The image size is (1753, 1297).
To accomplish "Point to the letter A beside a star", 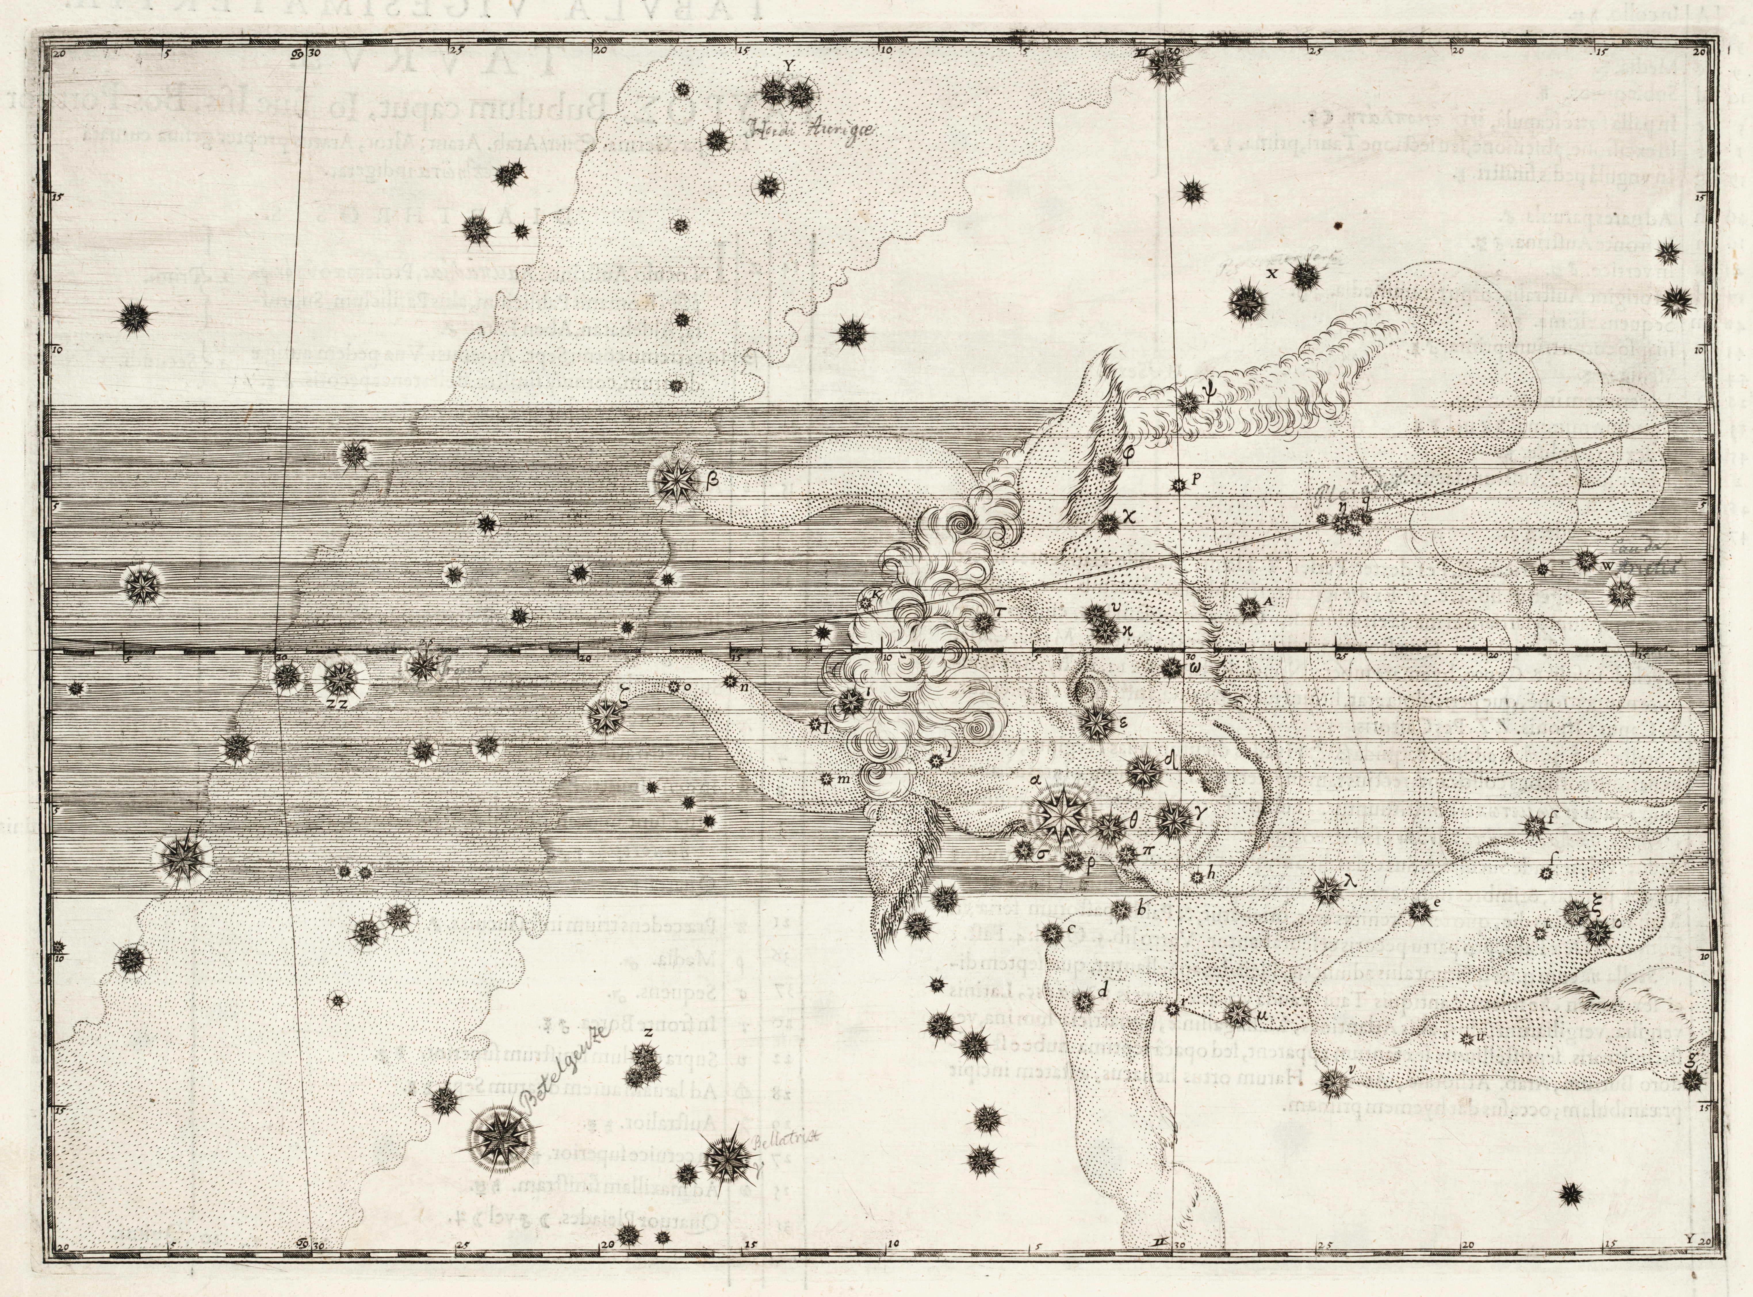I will tap(1267, 600).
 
